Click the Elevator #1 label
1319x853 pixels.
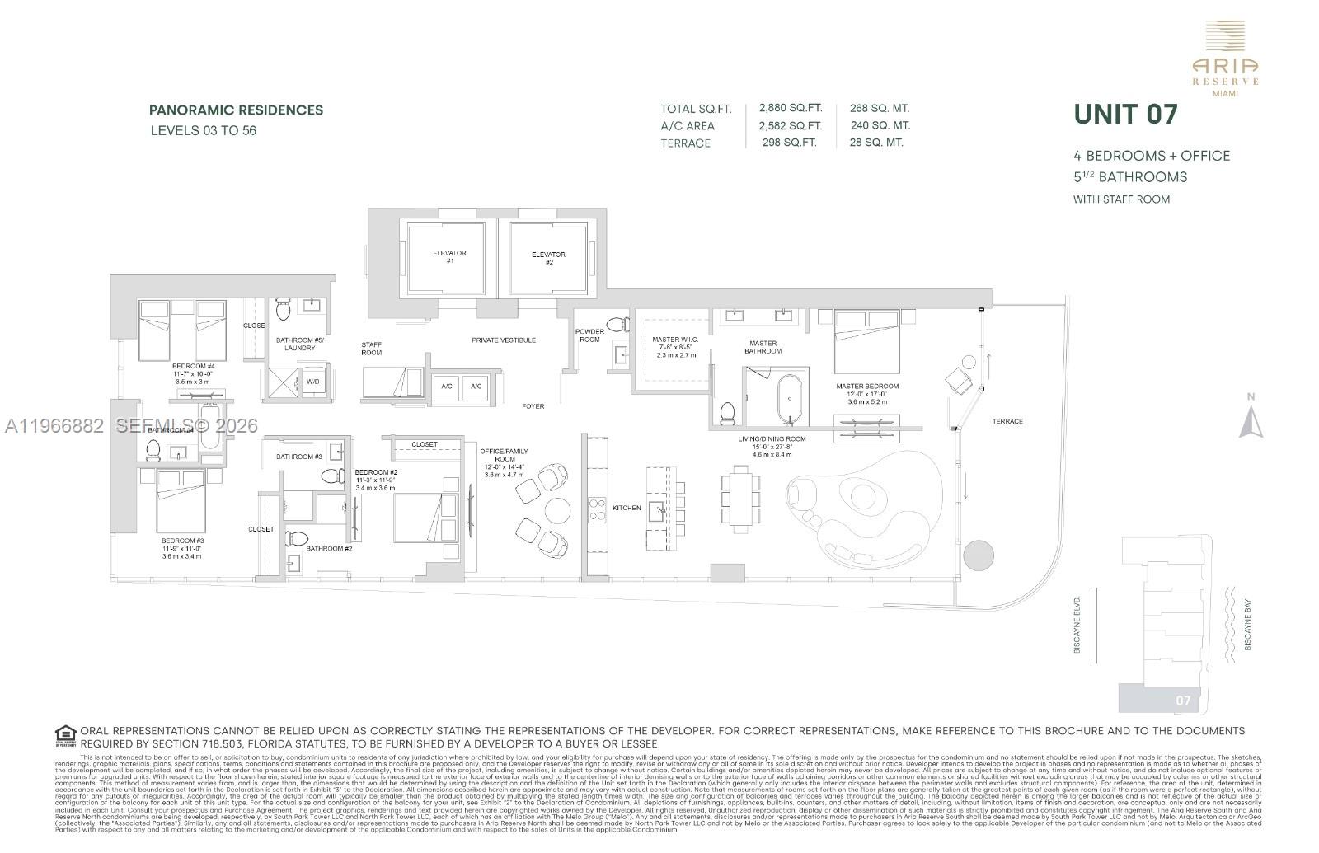click(x=449, y=256)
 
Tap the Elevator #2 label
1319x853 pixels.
click(x=548, y=258)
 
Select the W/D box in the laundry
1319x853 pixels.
click(x=312, y=382)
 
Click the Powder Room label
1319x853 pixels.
click(x=589, y=335)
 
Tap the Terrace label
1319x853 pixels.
click(x=1007, y=421)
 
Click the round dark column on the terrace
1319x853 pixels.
click(x=979, y=555)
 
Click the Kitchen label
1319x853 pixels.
click(x=627, y=508)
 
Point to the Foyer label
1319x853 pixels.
click(x=533, y=406)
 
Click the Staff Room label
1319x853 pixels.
click(x=371, y=349)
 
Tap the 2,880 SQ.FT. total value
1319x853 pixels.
click(x=790, y=108)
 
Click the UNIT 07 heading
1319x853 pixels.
click(x=1125, y=115)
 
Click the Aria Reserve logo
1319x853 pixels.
click(x=1225, y=58)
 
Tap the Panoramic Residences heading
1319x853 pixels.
click(x=236, y=110)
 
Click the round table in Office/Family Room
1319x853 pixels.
click(x=557, y=511)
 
